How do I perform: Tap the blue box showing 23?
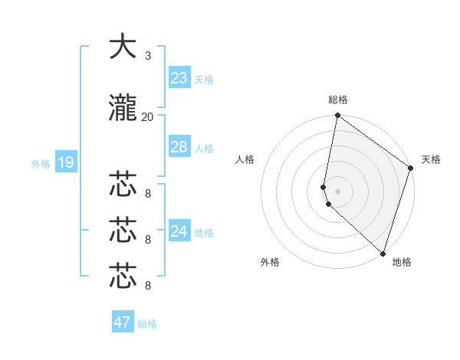point(179,78)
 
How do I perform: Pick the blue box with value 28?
point(179,147)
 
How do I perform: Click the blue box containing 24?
point(179,231)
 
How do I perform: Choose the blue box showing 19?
point(65,162)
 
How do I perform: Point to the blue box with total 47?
point(122,322)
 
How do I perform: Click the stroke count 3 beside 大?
point(148,56)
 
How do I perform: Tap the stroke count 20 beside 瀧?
point(148,117)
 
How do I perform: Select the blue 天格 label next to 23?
point(203,80)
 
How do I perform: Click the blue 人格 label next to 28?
point(203,149)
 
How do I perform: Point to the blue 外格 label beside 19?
point(41,163)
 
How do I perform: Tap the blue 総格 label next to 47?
point(147,324)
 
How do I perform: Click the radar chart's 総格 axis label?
point(338,100)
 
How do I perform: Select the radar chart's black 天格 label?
point(431,159)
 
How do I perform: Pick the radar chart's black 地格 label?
point(402,262)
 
